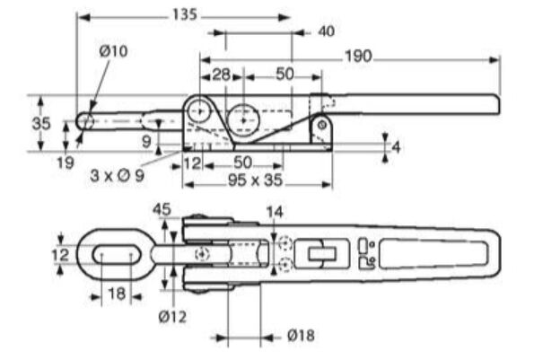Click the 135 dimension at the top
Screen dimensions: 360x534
(x=183, y=15)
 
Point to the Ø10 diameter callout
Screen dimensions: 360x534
(x=114, y=51)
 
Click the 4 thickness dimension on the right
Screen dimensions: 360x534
(x=396, y=146)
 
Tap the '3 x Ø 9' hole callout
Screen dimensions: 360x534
(x=118, y=175)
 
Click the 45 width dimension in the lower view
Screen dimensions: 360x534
(x=162, y=208)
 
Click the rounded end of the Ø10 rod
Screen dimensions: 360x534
(x=84, y=121)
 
